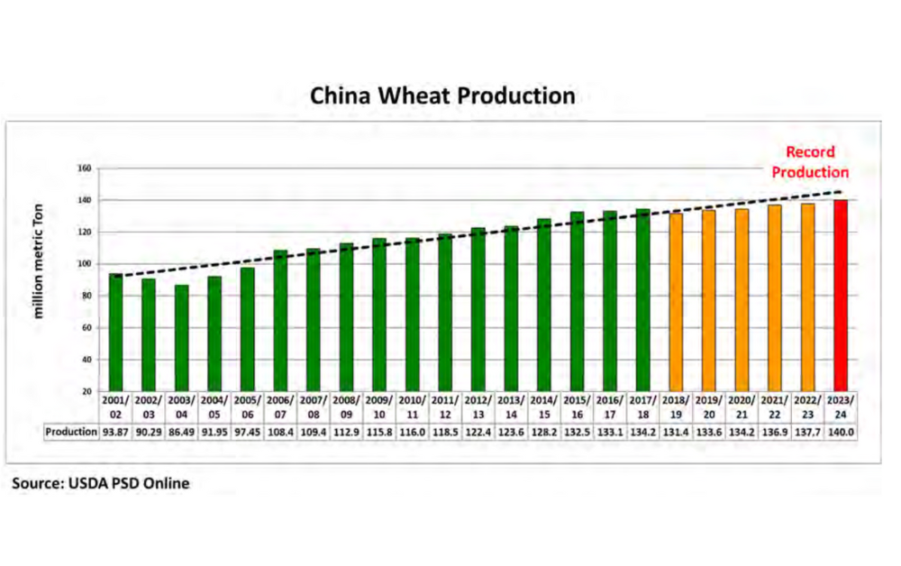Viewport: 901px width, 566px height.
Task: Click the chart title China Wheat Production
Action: click(x=442, y=96)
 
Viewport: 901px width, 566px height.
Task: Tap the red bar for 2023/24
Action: click(x=841, y=295)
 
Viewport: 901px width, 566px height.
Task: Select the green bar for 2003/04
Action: click(x=182, y=338)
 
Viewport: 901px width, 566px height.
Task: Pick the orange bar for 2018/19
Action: click(x=677, y=302)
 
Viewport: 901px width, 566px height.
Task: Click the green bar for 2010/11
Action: click(x=413, y=314)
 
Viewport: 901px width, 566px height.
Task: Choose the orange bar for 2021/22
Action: click(x=775, y=297)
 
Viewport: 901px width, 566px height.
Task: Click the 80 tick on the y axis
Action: click(x=87, y=296)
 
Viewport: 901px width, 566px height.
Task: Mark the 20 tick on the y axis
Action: click(x=87, y=391)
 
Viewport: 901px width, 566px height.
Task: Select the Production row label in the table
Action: click(x=71, y=432)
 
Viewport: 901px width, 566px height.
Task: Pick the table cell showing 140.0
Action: click(x=840, y=432)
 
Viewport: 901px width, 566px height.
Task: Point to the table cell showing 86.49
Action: click(x=182, y=432)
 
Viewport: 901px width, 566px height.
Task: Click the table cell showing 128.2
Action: click(x=544, y=432)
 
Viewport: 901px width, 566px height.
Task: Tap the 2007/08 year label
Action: click(x=314, y=406)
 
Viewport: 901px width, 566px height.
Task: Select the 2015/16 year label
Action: click(x=578, y=406)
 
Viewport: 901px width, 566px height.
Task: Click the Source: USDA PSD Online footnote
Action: click(x=101, y=483)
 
